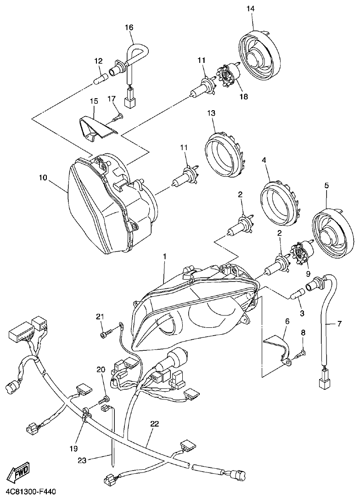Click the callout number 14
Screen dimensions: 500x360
click(x=251, y=9)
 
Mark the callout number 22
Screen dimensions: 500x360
click(x=154, y=424)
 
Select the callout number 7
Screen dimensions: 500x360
click(x=339, y=324)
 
